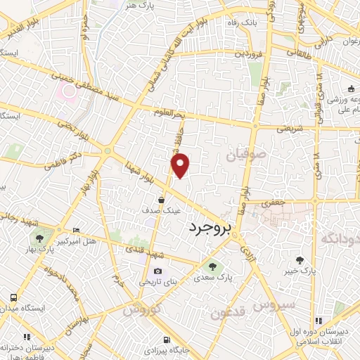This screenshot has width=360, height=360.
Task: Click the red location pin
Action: pyautogui.click(x=181, y=165)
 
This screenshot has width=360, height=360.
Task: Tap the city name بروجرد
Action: pyautogui.click(x=211, y=229)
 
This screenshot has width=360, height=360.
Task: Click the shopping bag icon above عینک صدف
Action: pyautogui.click(x=162, y=200)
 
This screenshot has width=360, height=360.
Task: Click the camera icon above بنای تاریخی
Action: pyautogui.click(x=157, y=271)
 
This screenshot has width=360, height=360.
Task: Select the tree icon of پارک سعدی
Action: pyautogui.click(x=212, y=266)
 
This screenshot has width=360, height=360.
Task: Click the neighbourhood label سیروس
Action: pyautogui.click(x=276, y=305)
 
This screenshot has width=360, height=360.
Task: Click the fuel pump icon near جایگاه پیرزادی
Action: pyautogui.click(x=167, y=337)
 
